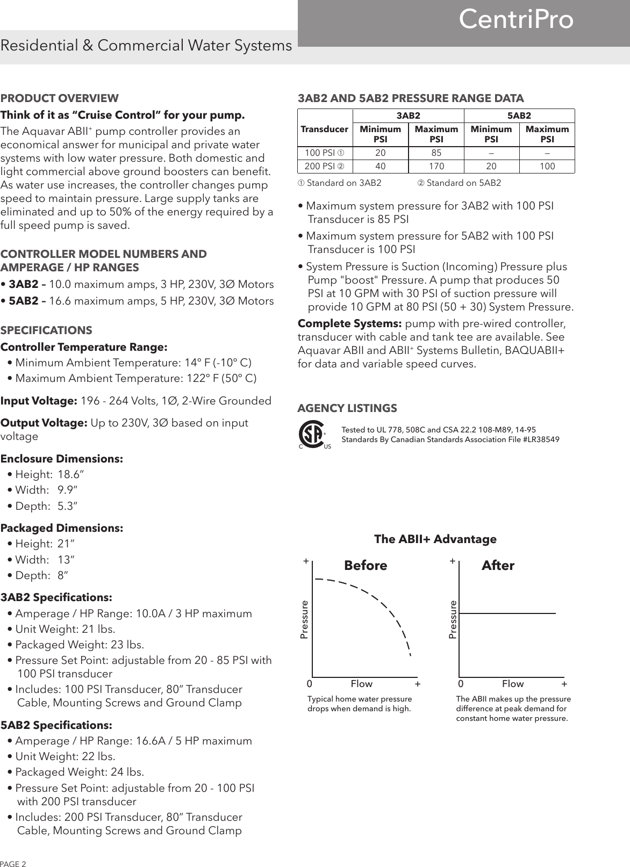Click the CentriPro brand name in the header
[516, 20]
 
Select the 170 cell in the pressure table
[436, 167]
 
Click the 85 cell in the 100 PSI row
[436, 153]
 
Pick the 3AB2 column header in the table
[408, 115]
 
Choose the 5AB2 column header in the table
[519, 115]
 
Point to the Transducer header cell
[325, 129]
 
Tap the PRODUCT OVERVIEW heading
[60, 98]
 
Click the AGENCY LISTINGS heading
[347, 408]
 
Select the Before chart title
[366, 566]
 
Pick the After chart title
[498, 566]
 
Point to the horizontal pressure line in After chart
[507, 613]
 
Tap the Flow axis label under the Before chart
[361, 684]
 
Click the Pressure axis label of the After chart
[452, 620]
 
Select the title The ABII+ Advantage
[435, 539]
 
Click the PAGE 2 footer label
[13, 863]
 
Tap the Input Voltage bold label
[39, 401]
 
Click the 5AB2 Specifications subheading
[56, 725]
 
